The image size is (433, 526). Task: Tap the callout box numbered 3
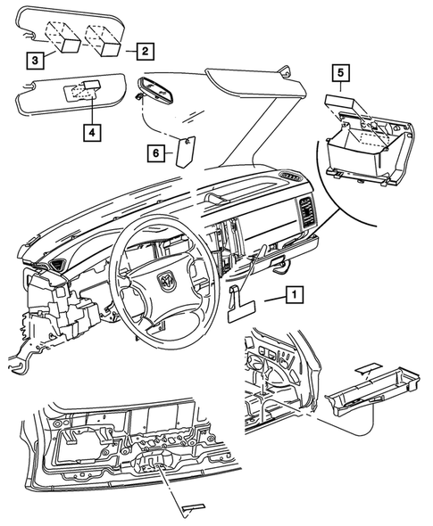point(33,61)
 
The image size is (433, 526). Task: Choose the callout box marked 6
point(156,153)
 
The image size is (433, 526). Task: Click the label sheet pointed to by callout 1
point(242,308)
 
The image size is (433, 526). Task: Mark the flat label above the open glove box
point(346,100)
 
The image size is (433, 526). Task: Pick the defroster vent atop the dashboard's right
point(288,179)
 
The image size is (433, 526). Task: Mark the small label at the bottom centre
point(191,508)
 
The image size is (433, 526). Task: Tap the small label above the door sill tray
point(367,366)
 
